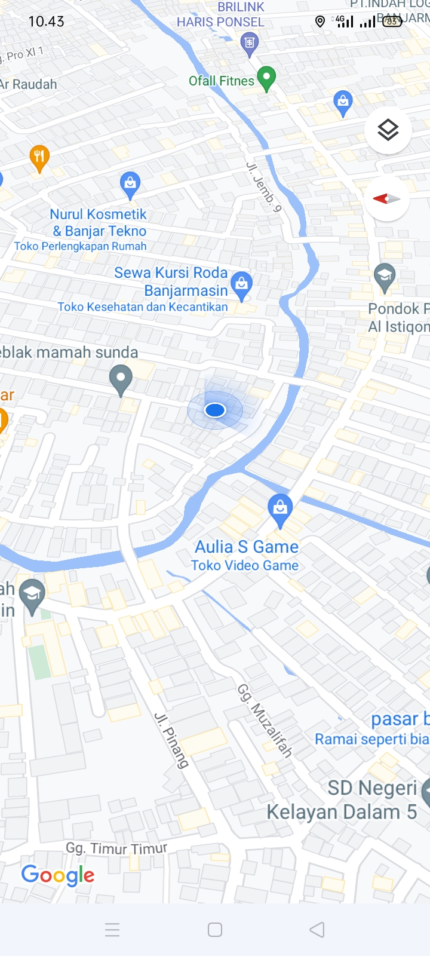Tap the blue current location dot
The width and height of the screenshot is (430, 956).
(x=215, y=410)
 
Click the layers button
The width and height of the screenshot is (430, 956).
(x=388, y=130)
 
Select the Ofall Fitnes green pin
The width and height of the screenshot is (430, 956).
(x=266, y=78)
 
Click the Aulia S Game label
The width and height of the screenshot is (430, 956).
(x=247, y=547)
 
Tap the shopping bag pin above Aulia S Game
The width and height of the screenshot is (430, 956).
(x=280, y=509)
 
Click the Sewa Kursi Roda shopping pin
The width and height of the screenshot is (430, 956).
(x=241, y=284)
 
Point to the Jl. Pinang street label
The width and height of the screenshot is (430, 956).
(x=172, y=740)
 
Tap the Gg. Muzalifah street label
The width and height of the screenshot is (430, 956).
(x=265, y=721)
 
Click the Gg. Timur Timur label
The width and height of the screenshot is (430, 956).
(x=116, y=848)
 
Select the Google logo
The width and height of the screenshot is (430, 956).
(x=58, y=875)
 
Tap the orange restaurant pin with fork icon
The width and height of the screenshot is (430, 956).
(x=39, y=158)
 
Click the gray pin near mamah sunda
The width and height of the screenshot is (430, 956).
(x=121, y=379)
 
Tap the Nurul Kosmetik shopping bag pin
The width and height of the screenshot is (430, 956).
(x=130, y=184)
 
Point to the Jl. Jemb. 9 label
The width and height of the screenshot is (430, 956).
(x=263, y=187)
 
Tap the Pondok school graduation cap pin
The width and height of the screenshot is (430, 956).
(x=385, y=277)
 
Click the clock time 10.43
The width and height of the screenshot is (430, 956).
(x=46, y=22)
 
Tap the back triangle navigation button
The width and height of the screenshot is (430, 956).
(x=317, y=929)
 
